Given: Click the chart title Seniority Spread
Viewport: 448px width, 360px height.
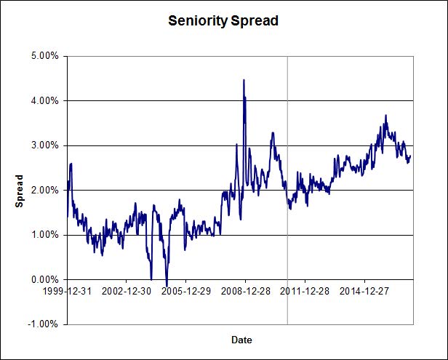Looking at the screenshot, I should pyautogui.click(x=223, y=20).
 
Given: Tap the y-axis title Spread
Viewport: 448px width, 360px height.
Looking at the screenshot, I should pyautogui.click(x=20, y=190).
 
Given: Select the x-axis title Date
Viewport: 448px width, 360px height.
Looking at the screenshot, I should pyautogui.click(x=241, y=340).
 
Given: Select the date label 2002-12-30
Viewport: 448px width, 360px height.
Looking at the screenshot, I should pyautogui.click(x=126, y=290).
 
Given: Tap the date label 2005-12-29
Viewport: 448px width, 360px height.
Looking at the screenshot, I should pyautogui.click(x=185, y=290).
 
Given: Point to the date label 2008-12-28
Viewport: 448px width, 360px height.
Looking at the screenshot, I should pyautogui.click(x=245, y=290).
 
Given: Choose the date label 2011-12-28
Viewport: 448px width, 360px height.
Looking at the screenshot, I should pyautogui.click(x=305, y=290).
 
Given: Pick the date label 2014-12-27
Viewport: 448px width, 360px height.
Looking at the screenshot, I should pyautogui.click(x=364, y=290).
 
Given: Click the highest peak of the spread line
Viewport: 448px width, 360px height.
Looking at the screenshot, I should pyautogui.click(x=244, y=80).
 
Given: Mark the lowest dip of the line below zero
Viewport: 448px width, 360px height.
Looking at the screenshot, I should pyautogui.click(x=167, y=286).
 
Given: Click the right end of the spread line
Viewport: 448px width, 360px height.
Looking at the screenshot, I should pyautogui.click(x=411, y=156).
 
